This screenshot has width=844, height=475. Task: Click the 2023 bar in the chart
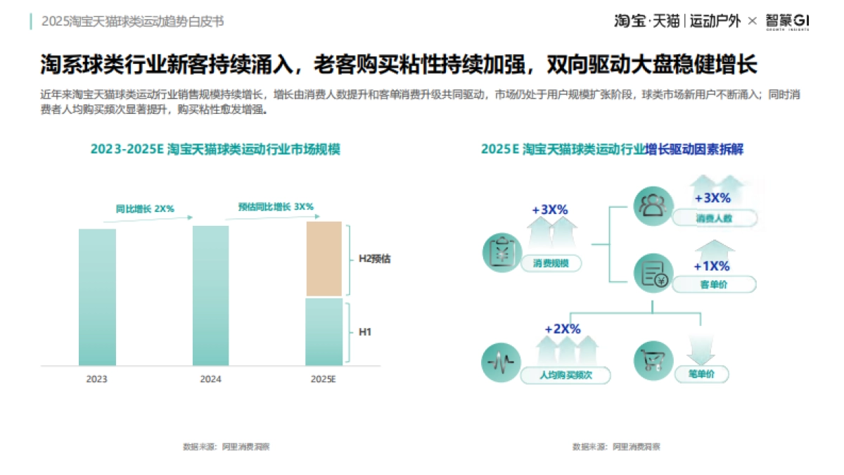point(97,297)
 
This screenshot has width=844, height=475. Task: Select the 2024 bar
point(210,296)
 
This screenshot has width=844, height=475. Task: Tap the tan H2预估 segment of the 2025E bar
point(324,258)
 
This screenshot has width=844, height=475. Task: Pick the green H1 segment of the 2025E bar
point(324,331)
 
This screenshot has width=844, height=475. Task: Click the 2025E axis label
point(324,379)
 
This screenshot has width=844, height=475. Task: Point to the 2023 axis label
point(97,379)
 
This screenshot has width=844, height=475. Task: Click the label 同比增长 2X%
point(145,209)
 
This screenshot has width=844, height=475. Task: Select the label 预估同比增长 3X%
point(276,207)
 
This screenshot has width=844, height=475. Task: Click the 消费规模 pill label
point(551,264)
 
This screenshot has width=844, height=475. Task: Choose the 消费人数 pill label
point(714,218)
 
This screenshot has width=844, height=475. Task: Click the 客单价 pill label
point(714,284)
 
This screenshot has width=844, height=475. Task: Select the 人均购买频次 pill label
point(565,375)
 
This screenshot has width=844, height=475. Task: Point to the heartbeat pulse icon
point(501,363)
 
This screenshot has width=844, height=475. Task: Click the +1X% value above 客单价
point(711,266)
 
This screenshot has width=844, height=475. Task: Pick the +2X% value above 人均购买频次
point(562,329)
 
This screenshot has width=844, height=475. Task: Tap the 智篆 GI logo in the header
point(787,22)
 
